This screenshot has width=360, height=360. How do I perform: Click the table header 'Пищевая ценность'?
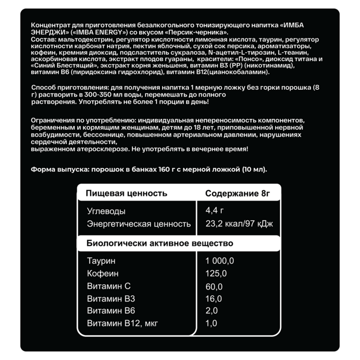[127, 193]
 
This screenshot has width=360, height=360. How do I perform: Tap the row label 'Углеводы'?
[106, 211]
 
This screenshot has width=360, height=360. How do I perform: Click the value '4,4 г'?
[215, 211]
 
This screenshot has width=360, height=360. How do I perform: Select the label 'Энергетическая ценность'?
[139, 224]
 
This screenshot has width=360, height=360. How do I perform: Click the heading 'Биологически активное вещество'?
[160, 243]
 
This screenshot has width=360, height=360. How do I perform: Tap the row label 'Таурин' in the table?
[101, 261]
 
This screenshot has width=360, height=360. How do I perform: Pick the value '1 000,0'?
[219, 261]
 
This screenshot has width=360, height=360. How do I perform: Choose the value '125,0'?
[216, 274]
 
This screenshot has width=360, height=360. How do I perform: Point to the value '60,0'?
[214, 287]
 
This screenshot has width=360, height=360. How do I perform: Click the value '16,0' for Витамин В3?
[214, 299]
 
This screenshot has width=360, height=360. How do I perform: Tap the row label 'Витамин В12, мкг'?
[122, 323]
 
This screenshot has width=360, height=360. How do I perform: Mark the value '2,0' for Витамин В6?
[212, 311]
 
